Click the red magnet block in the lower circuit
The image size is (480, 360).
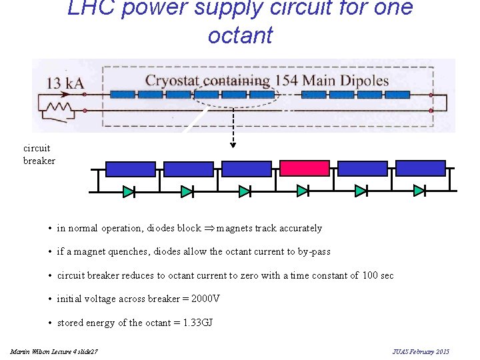[304, 169]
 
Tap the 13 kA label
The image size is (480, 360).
[64, 83]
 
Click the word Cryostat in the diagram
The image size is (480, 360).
[176, 81]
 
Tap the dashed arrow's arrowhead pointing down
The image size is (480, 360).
[232, 144]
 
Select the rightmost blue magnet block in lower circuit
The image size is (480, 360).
[420, 168]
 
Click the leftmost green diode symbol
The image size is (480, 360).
[129, 191]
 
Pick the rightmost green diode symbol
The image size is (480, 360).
[419, 191]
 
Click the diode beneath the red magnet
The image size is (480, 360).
[303, 191]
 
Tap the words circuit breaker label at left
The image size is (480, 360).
[39, 155]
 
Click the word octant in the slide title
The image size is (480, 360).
[240, 35]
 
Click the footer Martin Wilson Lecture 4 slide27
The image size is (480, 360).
[54, 351]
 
